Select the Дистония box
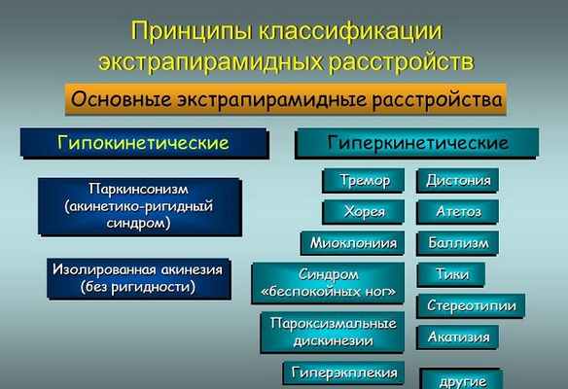tap(459, 180)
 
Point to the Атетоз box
tap(459, 211)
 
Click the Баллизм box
tap(459, 242)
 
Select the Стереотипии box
tap(472, 305)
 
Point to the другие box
tap(459, 377)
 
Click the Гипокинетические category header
tap(143, 143)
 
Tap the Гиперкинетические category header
tap(417, 143)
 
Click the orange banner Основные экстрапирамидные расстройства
tap(286, 99)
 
